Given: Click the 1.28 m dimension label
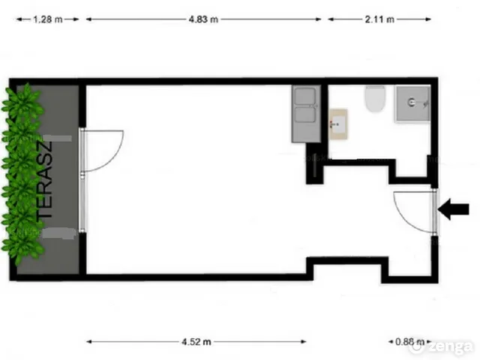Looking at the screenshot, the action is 48,19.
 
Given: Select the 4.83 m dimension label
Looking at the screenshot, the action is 203,19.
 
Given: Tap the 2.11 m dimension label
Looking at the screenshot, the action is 379,19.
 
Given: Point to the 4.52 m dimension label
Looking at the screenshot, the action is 196,342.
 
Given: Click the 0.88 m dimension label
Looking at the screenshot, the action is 410,342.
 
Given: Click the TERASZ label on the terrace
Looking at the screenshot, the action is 45,180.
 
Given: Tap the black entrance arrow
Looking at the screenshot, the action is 453,209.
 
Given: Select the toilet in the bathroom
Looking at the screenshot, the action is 375,99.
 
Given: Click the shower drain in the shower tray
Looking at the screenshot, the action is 412,102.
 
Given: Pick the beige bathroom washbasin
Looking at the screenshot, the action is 338,124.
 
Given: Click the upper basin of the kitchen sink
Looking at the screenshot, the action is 304,96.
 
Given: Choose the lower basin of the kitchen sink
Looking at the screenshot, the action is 304,115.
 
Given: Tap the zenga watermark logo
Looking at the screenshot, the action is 442,346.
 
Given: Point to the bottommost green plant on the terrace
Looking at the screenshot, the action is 23,247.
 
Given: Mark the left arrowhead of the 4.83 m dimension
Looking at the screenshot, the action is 89,19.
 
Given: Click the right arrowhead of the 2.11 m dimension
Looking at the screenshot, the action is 427,19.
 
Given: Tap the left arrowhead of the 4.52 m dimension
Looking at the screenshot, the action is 90,342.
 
